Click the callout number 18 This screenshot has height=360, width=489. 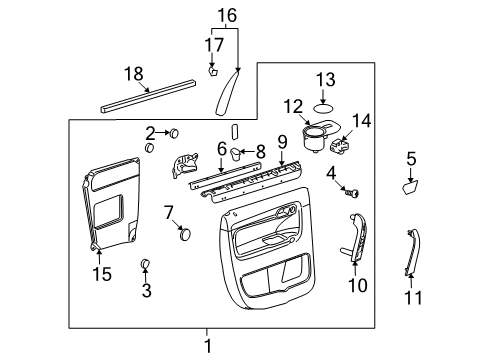click(133, 76)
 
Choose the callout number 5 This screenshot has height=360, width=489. click(410, 157)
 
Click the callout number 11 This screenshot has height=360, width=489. click(412, 297)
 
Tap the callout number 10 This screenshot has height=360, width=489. click(356, 286)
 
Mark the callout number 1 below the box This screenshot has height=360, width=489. click(208, 346)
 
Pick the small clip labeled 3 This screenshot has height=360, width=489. click(144, 264)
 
